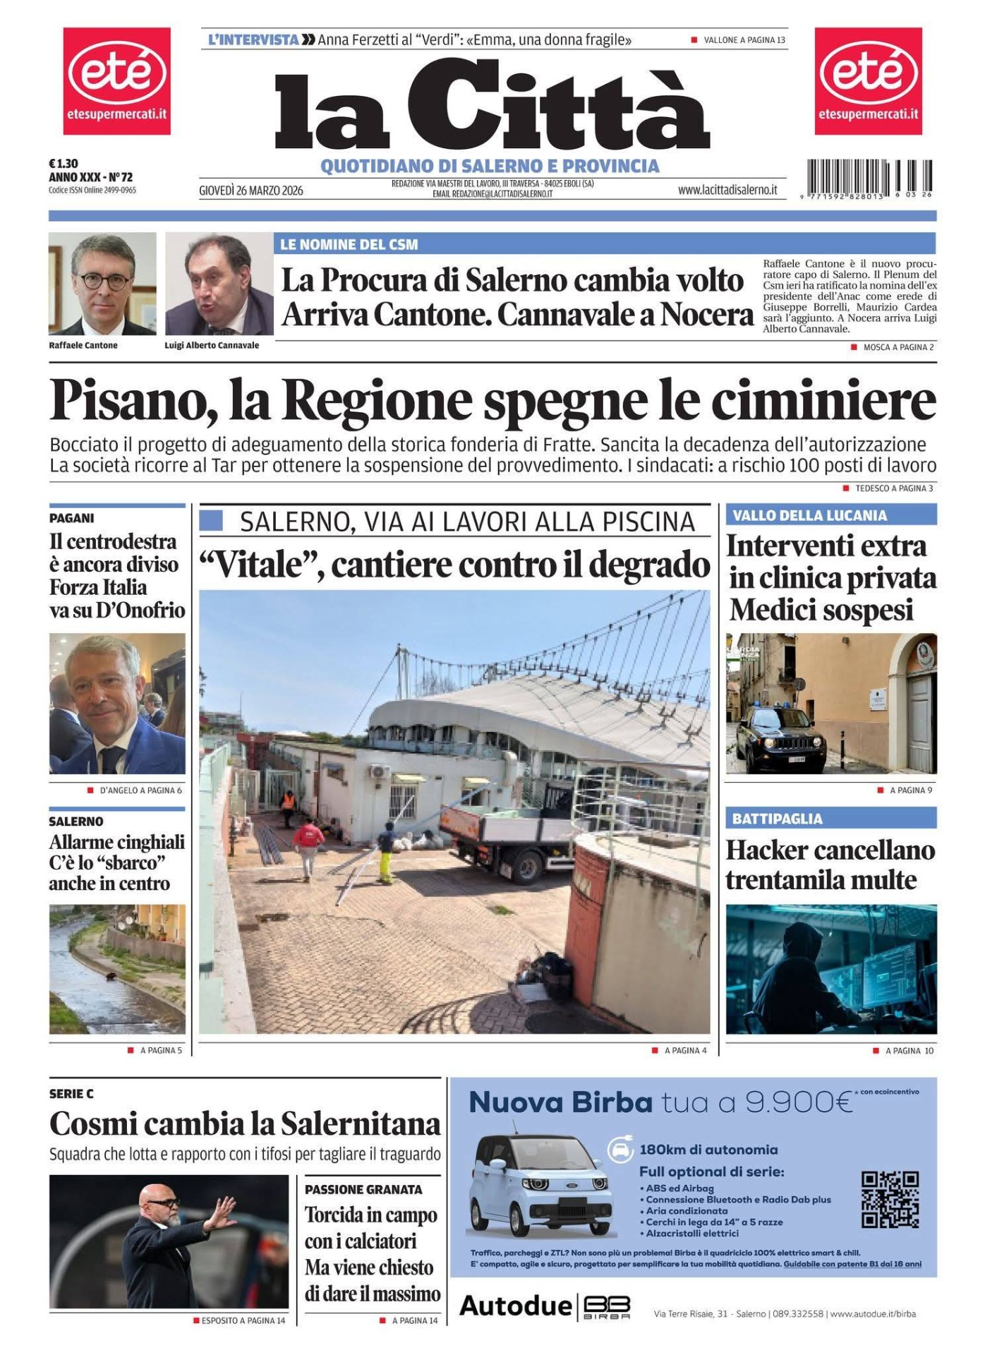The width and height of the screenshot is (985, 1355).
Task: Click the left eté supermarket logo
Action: pos(117,80)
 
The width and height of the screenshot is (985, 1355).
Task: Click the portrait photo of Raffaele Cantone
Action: pos(102,283)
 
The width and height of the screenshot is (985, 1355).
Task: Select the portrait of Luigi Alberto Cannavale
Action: pos(219,283)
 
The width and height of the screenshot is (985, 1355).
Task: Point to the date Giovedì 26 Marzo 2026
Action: pos(251,191)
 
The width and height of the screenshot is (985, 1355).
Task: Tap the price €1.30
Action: pos(64,164)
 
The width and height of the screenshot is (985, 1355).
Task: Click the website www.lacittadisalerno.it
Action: pos(727,190)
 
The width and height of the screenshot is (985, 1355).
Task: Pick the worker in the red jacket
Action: pos(308,844)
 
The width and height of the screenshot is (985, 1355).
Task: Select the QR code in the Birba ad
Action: pos(890,1200)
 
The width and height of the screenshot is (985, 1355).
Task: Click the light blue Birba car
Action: pos(540,1185)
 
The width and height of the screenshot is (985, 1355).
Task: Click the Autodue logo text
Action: pos(515,1306)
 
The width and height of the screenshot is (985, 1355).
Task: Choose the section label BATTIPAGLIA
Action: pos(777,819)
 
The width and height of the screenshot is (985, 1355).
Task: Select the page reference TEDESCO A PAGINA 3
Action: pos(893,488)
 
